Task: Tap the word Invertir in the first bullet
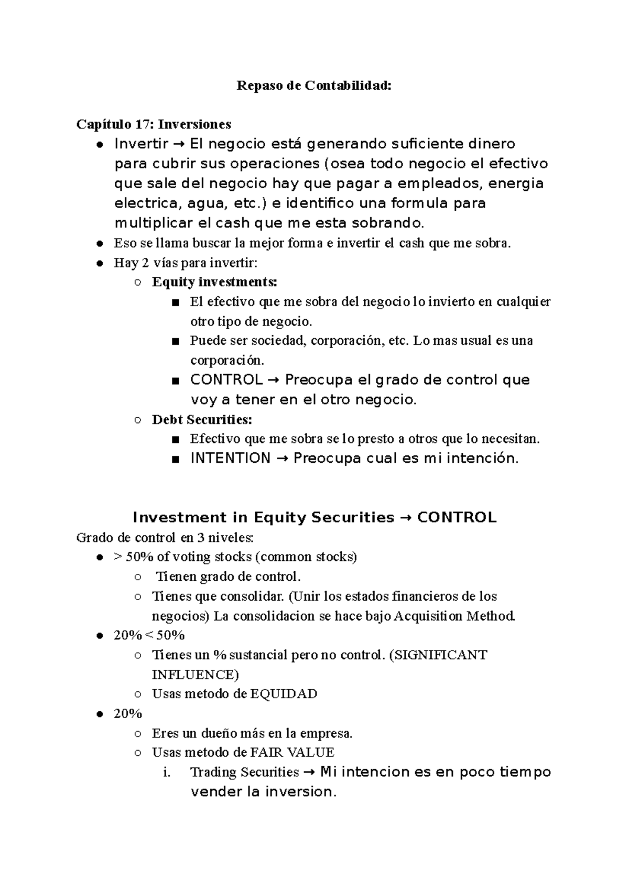tap(141, 144)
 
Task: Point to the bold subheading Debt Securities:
tap(202, 419)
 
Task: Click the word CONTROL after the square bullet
tap(226, 379)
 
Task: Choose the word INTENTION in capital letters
tap(230, 458)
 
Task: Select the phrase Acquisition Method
tap(454, 615)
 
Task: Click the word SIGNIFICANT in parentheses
tap(440, 655)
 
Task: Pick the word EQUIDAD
tap(284, 694)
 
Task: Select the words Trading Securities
tap(244, 772)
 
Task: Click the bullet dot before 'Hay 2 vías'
tap(99, 263)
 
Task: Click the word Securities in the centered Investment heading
tap(352, 517)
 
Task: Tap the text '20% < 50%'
tap(149, 635)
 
